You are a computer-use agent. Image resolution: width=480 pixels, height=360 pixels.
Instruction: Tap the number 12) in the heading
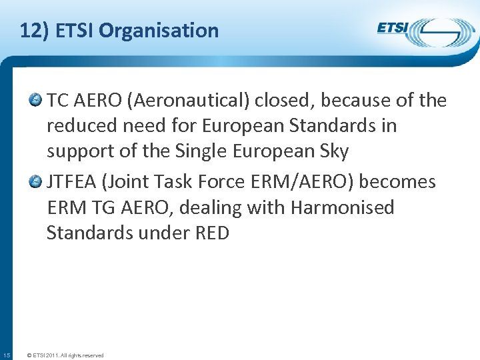point(34,31)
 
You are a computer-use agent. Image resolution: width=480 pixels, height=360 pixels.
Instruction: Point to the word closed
point(273,101)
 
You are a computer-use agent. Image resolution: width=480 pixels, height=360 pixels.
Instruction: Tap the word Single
point(193,151)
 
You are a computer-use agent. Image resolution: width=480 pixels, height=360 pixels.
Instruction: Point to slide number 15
point(6,355)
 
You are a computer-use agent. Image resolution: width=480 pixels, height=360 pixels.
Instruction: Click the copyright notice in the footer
point(64,355)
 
